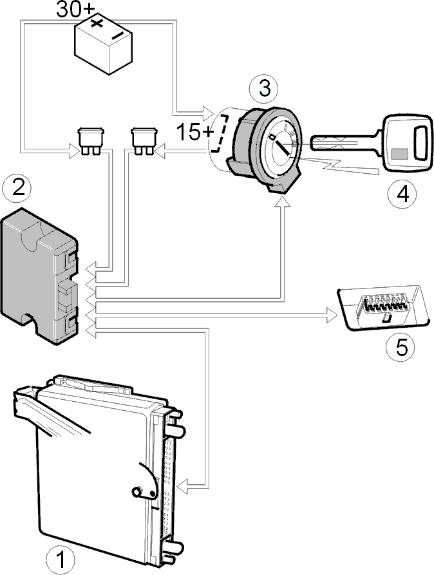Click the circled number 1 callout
tap(60, 560)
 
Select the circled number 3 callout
tap(264, 89)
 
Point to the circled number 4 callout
tap(403, 194)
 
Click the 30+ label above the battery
tap(75, 10)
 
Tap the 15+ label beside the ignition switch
tap(194, 132)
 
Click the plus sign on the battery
tap(97, 23)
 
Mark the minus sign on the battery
tap(117, 35)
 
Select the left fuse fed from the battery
tap(91, 141)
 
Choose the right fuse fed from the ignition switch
tap(144, 141)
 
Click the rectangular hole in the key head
tap(420, 143)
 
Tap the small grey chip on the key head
tap(399, 154)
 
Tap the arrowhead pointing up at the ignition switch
tap(283, 202)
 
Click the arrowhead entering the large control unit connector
tap(183, 487)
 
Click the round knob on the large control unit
tap(138, 491)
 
